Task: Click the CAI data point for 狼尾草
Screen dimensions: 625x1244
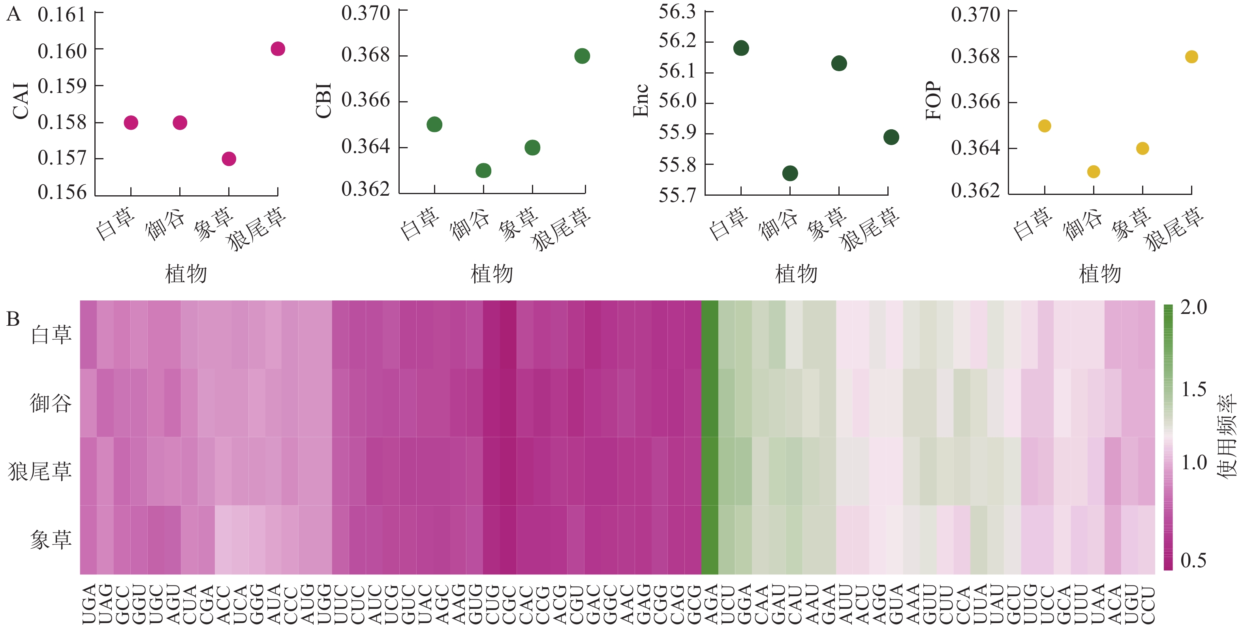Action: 278,49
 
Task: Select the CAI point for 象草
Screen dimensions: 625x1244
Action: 229,159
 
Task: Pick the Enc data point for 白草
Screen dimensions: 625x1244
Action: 741,48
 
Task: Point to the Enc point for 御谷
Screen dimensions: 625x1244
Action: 790,173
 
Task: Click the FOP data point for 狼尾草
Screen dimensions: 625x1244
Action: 1191,57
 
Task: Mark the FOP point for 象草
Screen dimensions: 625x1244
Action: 1143,148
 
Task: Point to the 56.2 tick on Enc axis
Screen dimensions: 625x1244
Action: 678,41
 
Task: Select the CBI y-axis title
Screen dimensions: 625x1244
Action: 323,100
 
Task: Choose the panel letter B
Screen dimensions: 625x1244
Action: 13,319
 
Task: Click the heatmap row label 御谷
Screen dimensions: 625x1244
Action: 51,403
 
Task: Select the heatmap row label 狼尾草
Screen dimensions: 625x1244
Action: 40,471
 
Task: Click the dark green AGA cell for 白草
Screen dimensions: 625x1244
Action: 709,334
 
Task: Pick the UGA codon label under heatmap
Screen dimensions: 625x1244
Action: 88,604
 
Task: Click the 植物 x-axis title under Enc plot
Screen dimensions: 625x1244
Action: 796,274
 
